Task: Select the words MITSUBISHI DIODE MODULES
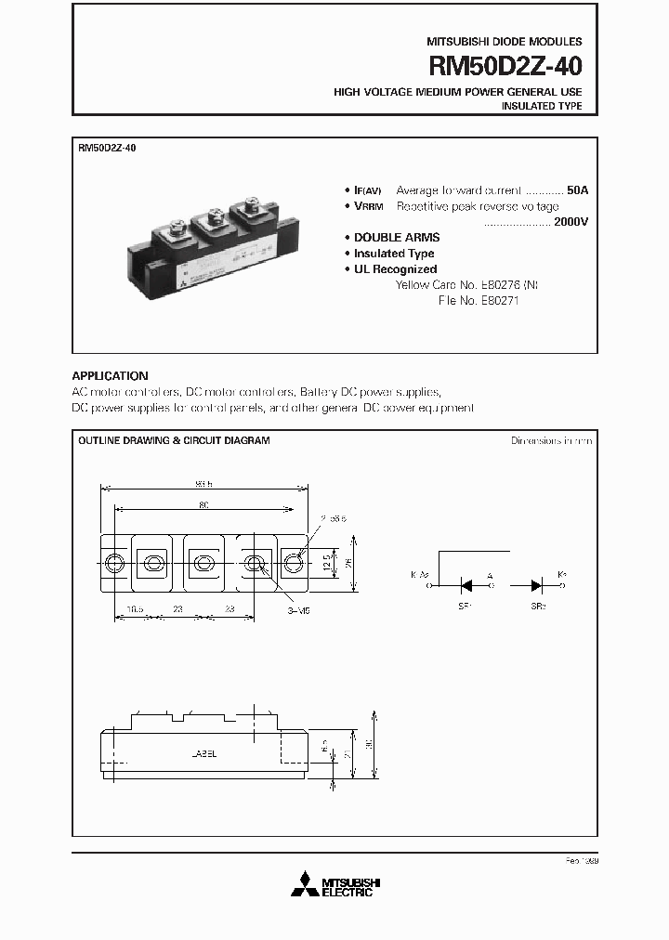504,42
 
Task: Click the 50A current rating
577,189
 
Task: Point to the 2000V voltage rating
571,223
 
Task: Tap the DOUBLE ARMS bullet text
397,238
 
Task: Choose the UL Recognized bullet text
395,269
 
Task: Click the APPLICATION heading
110,376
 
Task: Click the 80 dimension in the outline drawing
203,504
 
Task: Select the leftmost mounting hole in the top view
114,562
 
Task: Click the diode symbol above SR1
468,584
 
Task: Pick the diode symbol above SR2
538,584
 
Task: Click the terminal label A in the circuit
490,576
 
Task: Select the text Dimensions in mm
551,440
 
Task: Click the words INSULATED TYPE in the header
542,107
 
